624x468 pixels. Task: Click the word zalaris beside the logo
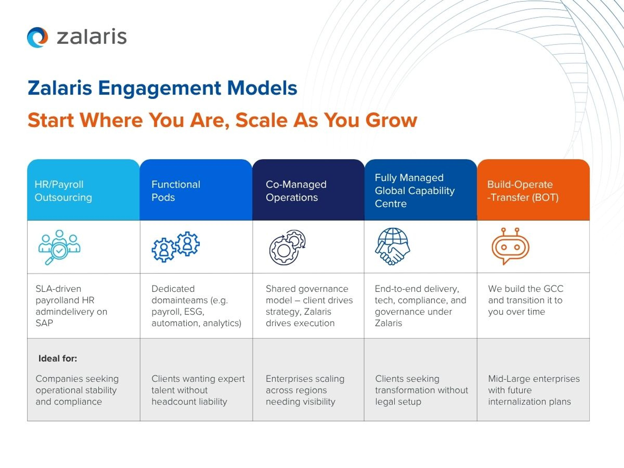coord(92,37)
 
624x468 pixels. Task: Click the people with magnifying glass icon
coord(59,247)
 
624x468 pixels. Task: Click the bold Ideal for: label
coord(58,358)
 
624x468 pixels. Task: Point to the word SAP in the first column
coord(44,323)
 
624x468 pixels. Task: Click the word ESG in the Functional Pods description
coord(193,312)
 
